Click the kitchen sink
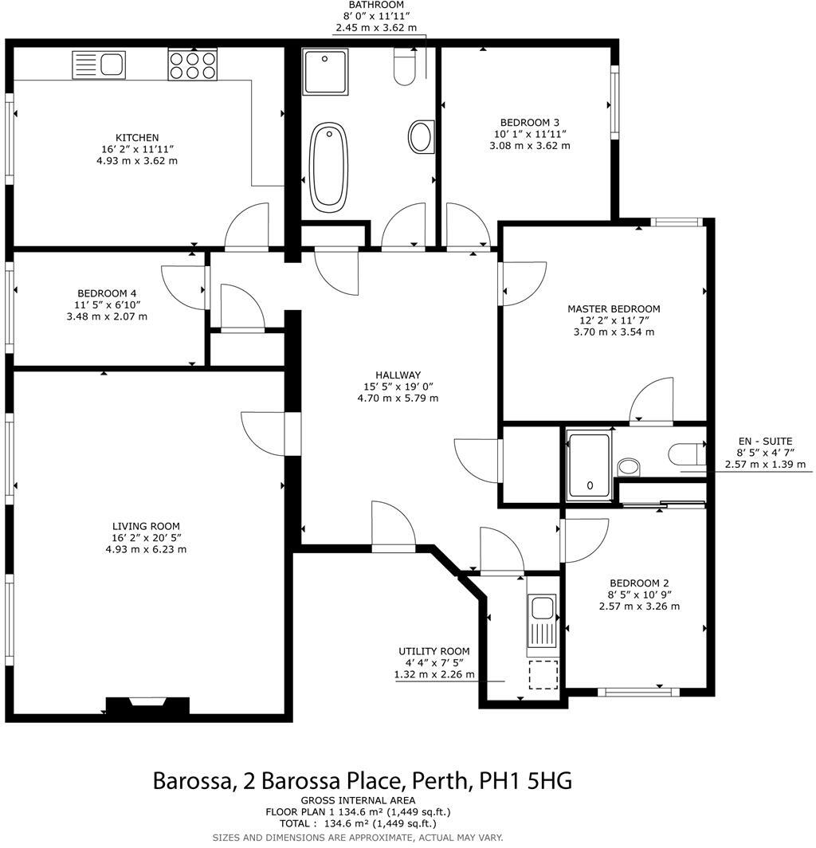(x=99, y=64)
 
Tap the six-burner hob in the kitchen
(x=192, y=64)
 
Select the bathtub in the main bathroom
(x=328, y=167)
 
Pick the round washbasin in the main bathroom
(x=422, y=136)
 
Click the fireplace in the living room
(x=147, y=706)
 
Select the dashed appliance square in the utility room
(x=543, y=676)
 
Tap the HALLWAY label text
(x=398, y=375)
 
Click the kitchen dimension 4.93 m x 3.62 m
(x=136, y=160)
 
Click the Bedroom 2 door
(x=584, y=540)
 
